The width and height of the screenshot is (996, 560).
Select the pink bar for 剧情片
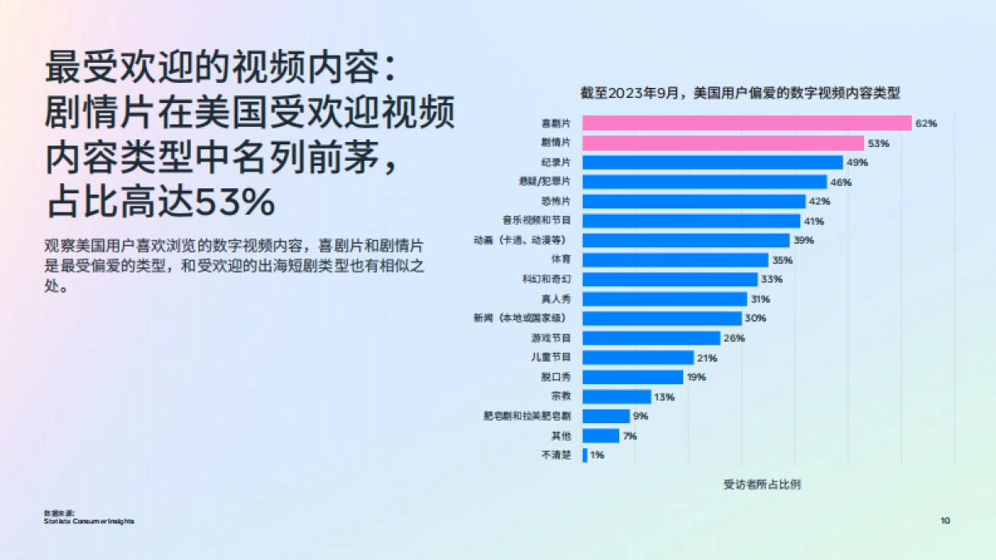pyautogui.click(x=723, y=143)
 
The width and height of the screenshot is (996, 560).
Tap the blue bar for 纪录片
pyautogui.click(x=712, y=163)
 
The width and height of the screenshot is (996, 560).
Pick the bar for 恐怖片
pyautogui.click(x=694, y=202)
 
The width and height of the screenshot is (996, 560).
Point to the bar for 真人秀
pyautogui.click(x=665, y=299)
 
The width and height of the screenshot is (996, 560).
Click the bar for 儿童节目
pyautogui.click(x=638, y=358)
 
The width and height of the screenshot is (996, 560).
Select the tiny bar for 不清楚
pyautogui.click(x=585, y=455)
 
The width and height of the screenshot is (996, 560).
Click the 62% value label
pyautogui.click(x=925, y=124)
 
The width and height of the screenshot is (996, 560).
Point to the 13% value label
pyautogui.click(x=664, y=397)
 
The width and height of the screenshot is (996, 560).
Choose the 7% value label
pyautogui.click(x=630, y=436)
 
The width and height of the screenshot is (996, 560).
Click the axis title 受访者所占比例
pyautogui.click(x=762, y=485)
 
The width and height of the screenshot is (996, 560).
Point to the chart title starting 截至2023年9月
pyautogui.click(x=740, y=93)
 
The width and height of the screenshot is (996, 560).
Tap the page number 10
pyautogui.click(x=945, y=520)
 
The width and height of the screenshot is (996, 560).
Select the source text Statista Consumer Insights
pyautogui.click(x=89, y=521)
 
